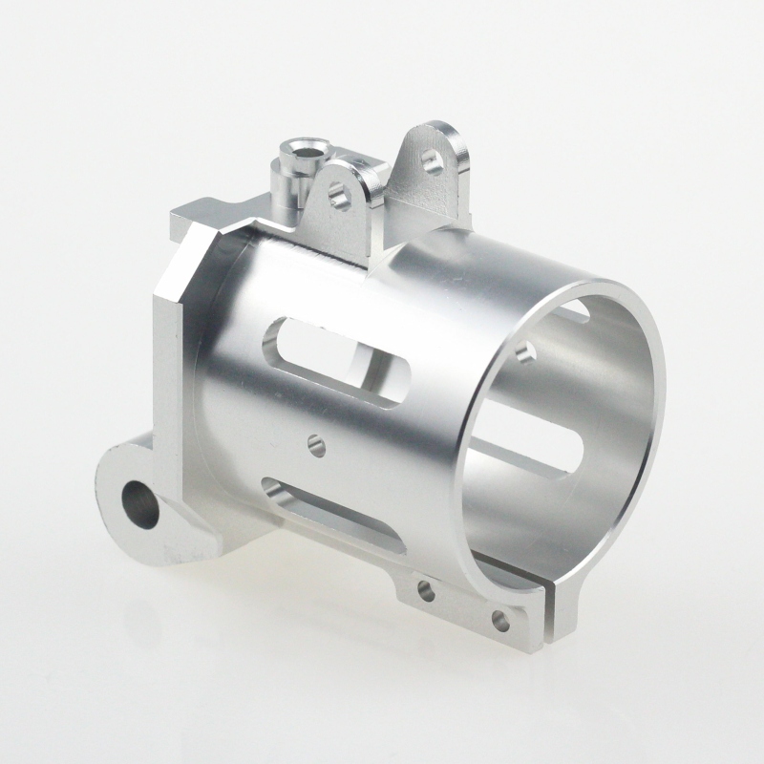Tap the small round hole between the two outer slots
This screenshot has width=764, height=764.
[314, 442]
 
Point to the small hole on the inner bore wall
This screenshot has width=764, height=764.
[524, 353]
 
